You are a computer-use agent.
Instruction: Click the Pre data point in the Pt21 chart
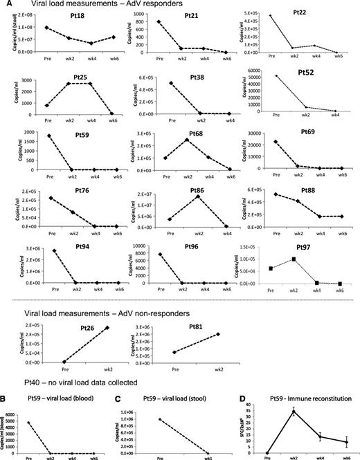159,21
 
